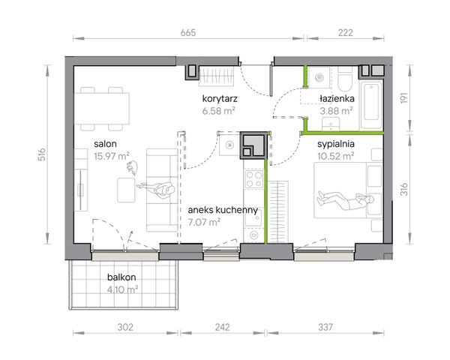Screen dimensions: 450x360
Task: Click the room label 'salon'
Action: [105, 144]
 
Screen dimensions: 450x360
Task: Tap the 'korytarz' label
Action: [220, 99]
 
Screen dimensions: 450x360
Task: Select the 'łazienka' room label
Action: [337, 99]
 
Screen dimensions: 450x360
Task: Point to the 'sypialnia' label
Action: [336, 144]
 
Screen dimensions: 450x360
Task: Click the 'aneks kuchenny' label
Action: [223, 210]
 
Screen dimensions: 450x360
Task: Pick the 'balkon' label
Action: [121, 277]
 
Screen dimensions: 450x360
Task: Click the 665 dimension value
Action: [188, 33]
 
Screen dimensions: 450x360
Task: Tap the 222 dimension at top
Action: [345, 33]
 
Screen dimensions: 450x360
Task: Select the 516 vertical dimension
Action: [42, 154]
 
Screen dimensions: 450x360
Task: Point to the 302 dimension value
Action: [125, 327]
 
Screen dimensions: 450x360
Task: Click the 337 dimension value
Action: [325, 327]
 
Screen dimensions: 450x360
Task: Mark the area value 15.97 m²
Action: [112, 156]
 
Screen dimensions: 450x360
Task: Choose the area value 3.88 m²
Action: [336, 111]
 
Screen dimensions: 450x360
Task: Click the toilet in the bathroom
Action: [345, 79]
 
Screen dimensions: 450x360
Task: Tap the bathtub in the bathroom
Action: [371, 104]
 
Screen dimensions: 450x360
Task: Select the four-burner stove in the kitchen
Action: [253, 179]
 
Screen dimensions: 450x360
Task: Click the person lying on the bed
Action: [345, 199]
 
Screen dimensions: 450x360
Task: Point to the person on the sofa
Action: [157, 189]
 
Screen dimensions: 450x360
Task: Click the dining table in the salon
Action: [102, 108]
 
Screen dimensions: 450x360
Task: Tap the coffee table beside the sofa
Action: [126, 190]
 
